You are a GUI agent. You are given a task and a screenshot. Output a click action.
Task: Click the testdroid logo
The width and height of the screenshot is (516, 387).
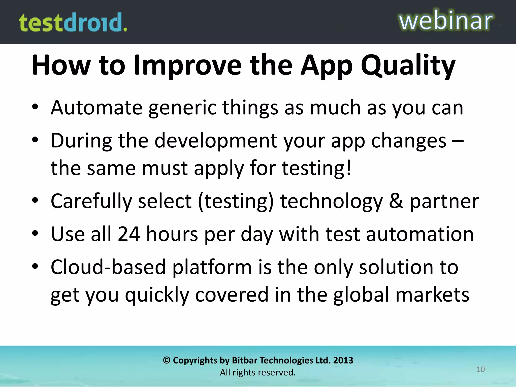tap(73, 23)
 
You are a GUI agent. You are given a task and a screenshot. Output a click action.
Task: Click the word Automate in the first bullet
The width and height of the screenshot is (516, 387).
tap(97, 108)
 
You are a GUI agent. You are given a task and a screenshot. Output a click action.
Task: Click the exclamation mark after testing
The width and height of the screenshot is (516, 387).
tap(348, 168)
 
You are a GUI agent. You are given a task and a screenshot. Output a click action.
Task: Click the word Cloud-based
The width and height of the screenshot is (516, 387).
tap(108, 267)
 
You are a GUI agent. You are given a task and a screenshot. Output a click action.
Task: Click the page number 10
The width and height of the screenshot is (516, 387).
tap(480, 369)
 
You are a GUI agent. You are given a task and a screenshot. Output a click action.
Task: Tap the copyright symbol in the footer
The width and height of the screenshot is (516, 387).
tap(167, 360)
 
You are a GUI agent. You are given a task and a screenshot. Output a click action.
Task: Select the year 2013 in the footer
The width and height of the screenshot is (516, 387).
tap(343, 360)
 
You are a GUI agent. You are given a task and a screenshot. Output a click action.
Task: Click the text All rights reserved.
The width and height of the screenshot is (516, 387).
tap(258, 372)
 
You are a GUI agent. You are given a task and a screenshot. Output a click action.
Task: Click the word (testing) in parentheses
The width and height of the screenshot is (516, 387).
tap(236, 201)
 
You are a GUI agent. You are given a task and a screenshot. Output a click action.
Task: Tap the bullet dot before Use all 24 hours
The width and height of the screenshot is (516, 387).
tap(35, 233)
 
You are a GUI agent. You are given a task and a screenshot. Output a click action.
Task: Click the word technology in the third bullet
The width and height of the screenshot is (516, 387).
tap(331, 201)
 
